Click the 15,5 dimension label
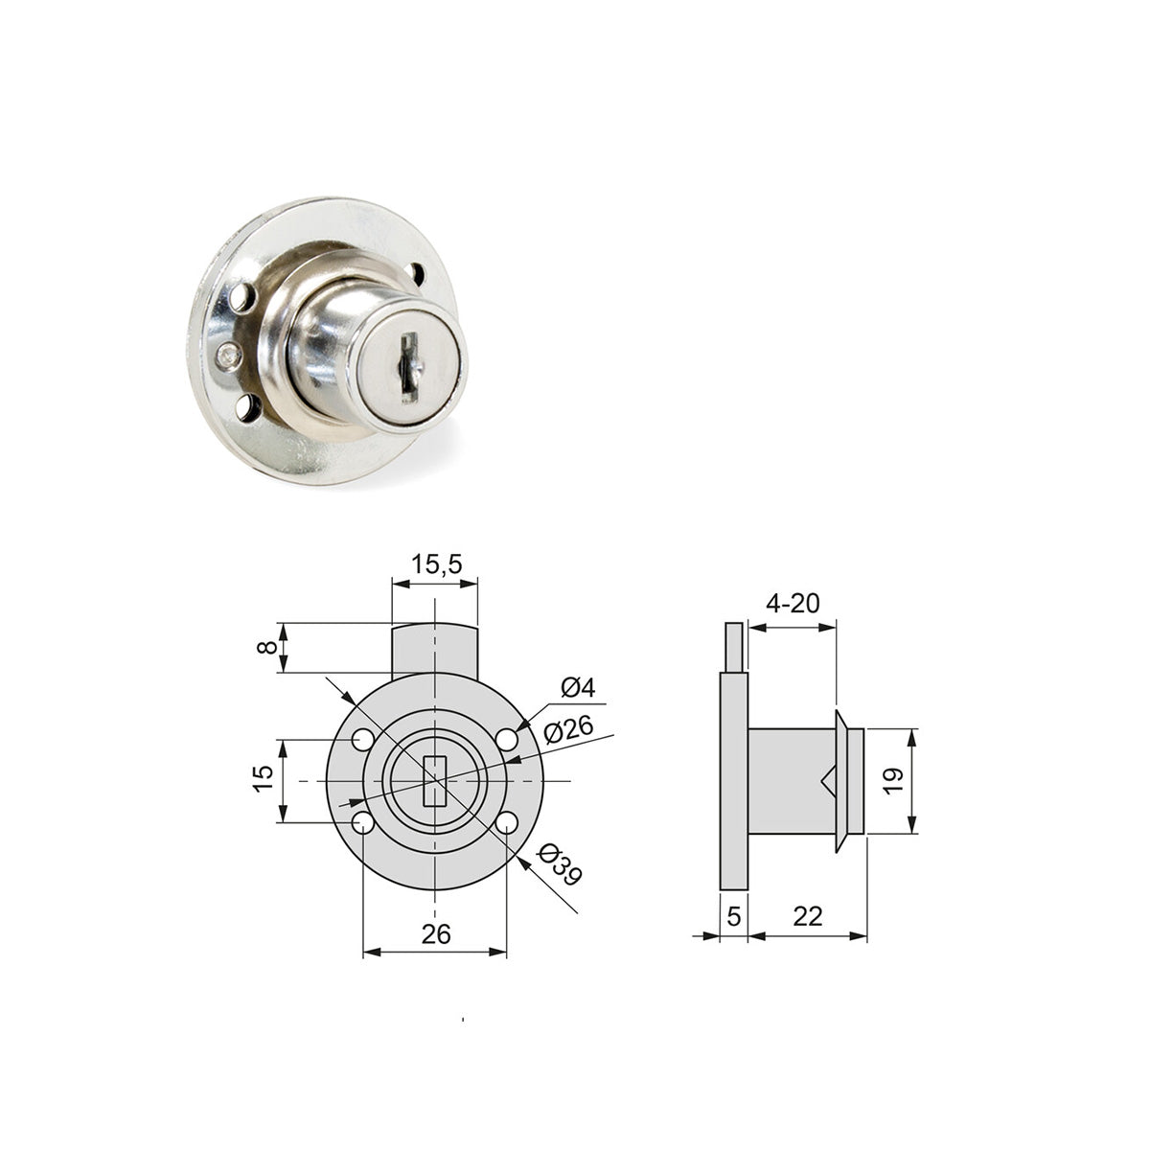(436, 563)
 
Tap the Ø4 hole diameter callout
(578, 688)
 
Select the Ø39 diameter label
(559, 864)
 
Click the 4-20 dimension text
(793, 604)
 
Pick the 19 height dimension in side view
(893, 781)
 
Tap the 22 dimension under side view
(808, 916)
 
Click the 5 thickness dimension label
(734, 916)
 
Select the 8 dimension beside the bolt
(266, 647)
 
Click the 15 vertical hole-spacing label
(263, 778)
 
